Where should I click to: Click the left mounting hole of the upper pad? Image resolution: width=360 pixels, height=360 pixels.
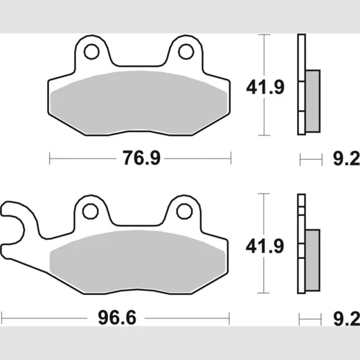click(x=91, y=52)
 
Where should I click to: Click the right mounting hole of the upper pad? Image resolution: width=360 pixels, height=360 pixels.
click(x=186, y=52)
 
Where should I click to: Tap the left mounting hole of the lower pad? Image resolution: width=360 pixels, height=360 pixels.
click(x=90, y=211)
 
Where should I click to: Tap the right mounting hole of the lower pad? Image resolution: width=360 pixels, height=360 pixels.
click(x=184, y=211)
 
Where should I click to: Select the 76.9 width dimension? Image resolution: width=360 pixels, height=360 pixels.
click(x=141, y=158)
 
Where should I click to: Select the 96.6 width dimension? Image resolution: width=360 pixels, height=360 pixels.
click(x=117, y=318)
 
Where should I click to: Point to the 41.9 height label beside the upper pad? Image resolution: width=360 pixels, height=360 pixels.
click(x=265, y=87)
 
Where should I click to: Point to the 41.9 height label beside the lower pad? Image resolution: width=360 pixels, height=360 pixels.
click(x=264, y=246)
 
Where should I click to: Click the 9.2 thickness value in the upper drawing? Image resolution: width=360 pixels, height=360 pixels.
click(x=346, y=159)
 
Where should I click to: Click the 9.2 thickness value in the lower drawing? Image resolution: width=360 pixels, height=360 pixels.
click(x=346, y=318)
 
